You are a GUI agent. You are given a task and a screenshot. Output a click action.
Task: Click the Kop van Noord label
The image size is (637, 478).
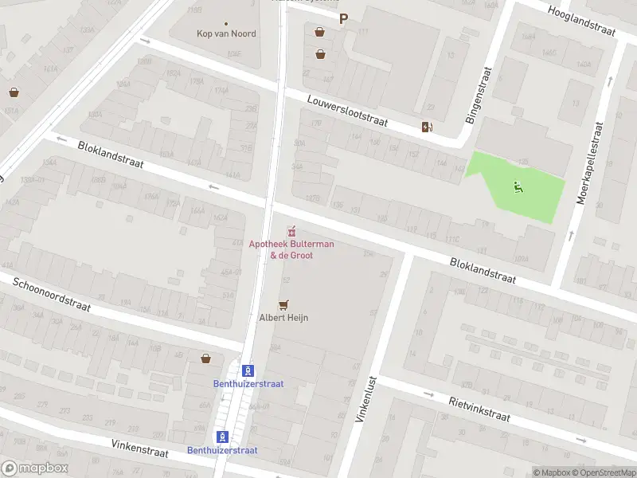coord(226,33)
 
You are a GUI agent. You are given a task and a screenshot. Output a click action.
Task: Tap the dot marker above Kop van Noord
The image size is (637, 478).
coord(226,23)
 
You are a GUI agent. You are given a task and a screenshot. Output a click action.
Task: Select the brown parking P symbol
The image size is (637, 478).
coord(344,19)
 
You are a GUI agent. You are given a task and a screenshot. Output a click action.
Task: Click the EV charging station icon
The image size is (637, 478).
coord(427,127)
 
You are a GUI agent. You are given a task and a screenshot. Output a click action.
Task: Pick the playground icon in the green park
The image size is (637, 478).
coord(518,187)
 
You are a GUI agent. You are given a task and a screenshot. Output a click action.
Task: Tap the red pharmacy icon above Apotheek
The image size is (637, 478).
coord(291,232)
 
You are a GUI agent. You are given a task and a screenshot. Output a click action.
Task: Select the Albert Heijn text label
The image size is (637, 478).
coord(283,317)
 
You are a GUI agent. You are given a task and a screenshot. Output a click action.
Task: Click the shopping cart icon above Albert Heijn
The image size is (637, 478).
coord(283,304)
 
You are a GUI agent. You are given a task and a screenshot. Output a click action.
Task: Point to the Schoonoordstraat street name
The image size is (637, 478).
coord(52,294)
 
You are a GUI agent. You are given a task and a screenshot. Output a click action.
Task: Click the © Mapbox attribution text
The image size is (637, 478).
coord(552,472)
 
